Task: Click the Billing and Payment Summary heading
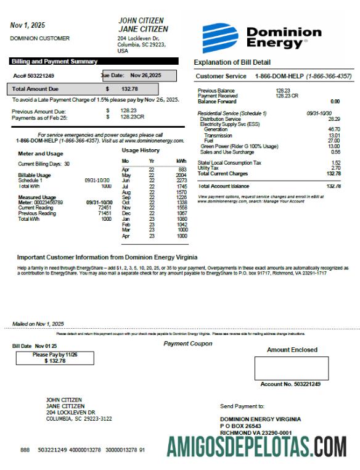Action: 54,62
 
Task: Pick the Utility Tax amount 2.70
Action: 335,168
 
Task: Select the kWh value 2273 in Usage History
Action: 181,181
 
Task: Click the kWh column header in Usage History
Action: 181,160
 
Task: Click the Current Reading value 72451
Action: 104,207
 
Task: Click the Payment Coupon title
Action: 187,344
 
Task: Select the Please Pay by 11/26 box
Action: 55,358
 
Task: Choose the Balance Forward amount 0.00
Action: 335,101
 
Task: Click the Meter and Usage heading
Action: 40,154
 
